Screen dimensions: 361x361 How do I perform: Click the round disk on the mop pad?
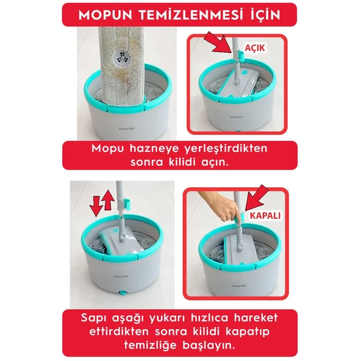click(x=124, y=54)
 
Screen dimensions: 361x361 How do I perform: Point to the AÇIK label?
click(x=257, y=47)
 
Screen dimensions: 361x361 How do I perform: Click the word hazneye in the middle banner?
click(x=156, y=148)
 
